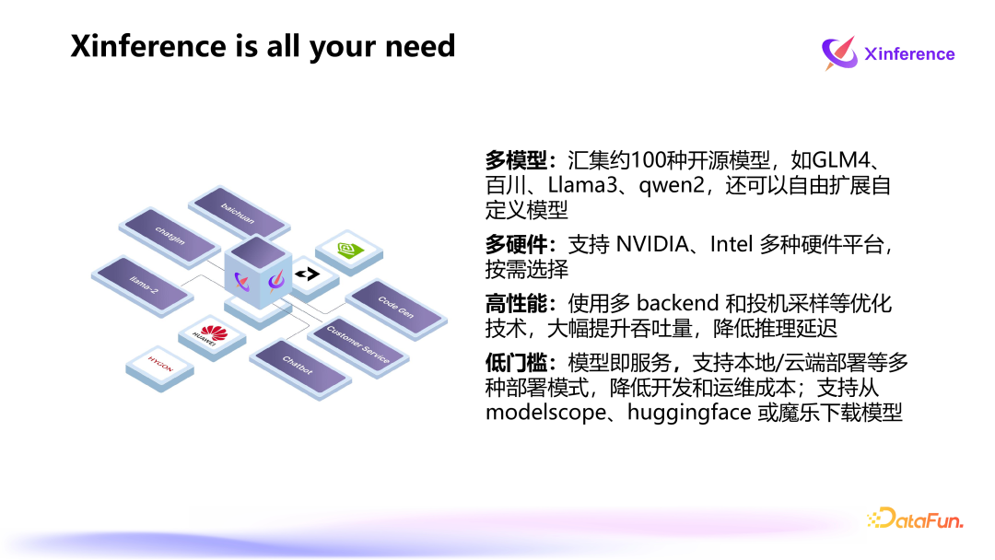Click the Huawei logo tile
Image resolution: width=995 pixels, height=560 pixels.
[212, 335]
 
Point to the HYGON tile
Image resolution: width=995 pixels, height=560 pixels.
[160, 364]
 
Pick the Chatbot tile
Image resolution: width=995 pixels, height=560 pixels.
[298, 366]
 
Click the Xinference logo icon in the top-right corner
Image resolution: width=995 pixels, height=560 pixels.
[838, 53]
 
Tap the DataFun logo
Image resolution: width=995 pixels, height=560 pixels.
[914, 519]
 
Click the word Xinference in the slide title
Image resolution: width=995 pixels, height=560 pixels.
[147, 46]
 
